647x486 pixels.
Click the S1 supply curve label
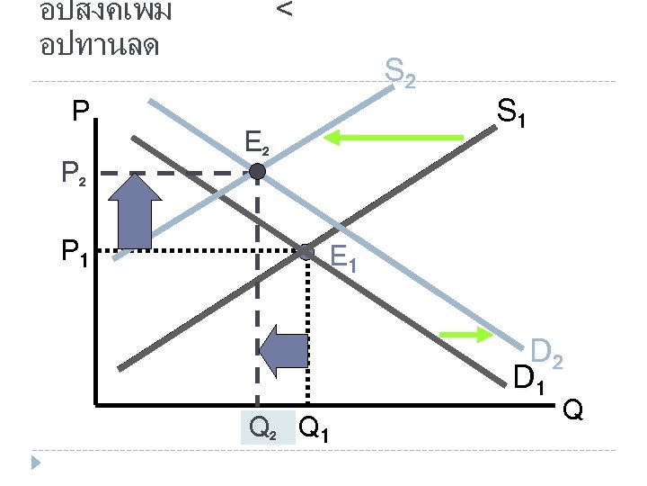[x=512, y=114]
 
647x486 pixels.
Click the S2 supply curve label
[x=400, y=72]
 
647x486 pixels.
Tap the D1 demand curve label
[x=528, y=379]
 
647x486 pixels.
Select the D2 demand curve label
[x=546, y=353]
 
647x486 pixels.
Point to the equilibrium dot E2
[x=258, y=172]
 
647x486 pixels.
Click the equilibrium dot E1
[x=306, y=252]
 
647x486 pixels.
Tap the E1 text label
[x=343, y=259]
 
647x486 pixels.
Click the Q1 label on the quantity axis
[x=314, y=430]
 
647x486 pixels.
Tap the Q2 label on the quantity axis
[x=262, y=430]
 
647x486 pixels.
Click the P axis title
[x=81, y=112]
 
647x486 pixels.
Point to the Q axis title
[x=573, y=412]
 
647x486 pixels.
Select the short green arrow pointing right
[x=466, y=335]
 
